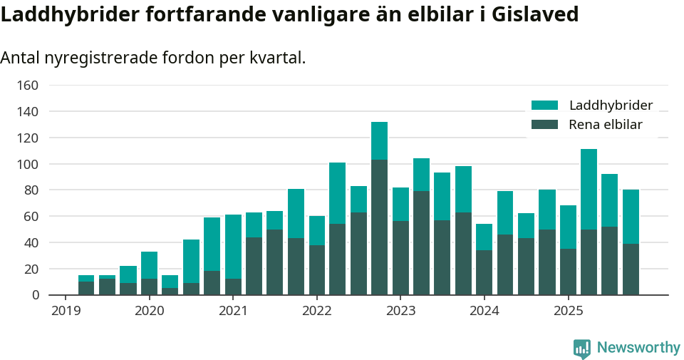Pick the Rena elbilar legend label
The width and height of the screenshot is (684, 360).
[606, 125]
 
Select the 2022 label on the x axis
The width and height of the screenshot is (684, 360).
[316, 311]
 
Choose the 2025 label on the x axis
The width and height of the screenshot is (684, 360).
[568, 311]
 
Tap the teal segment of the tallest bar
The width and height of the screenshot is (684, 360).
[379, 140]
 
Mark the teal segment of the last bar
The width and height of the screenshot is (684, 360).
[631, 217]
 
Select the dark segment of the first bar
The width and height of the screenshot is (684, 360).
[86, 288]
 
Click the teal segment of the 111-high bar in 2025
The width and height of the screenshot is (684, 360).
[589, 189]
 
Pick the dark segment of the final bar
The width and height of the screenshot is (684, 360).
[631, 269]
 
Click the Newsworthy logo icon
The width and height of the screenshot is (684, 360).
[581, 348]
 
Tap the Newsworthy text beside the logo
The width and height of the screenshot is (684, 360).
[638, 348]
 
